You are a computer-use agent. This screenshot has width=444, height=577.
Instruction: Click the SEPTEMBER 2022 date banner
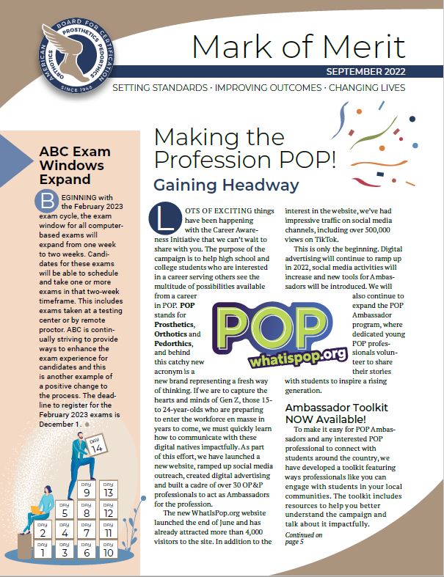coord(364,73)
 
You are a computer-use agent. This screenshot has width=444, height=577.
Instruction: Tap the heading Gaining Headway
coord(226,185)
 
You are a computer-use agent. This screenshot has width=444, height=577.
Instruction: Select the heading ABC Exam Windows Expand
coord(74,165)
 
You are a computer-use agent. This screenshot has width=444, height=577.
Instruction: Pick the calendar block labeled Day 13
coord(109,490)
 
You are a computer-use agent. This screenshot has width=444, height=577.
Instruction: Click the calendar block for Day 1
coord(42,551)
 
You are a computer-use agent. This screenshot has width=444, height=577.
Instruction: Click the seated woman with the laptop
coord(42,507)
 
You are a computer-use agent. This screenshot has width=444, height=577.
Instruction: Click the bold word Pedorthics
coord(173,343)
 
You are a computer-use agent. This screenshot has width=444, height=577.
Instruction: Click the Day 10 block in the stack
coord(109,551)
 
